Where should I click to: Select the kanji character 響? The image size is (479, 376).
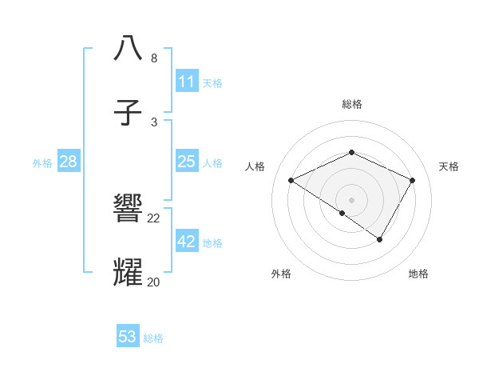click(129, 210)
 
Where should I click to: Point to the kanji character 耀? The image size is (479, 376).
click(129, 273)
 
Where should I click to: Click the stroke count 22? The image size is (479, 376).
click(154, 218)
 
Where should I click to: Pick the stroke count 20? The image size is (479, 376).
click(154, 282)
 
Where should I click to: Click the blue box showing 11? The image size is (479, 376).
click(186, 82)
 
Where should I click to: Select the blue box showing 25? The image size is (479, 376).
click(186, 162)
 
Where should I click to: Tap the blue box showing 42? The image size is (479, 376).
click(186, 242)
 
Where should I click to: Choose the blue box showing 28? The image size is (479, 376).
click(68, 162)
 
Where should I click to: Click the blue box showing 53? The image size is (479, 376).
click(128, 337)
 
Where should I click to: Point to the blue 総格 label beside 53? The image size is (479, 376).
click(154, 338)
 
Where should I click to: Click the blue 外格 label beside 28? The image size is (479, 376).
click(42, 163)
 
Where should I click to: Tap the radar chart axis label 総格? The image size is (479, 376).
click(352, 104)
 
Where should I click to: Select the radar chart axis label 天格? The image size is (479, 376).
click(449, 166)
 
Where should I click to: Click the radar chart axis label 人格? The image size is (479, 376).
click(255, 166)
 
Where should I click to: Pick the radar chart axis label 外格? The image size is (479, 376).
click(281, 274)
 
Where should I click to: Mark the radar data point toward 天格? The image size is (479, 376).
click(413, 181)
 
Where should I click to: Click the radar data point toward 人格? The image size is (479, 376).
click(291, 181)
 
